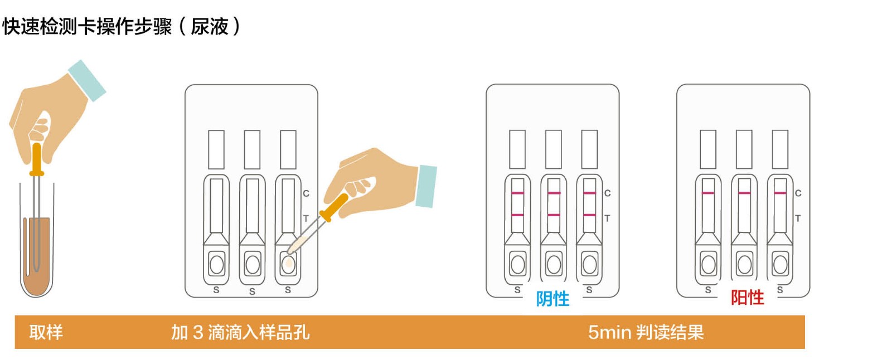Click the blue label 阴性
(552, 299)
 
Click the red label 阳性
(747, 298)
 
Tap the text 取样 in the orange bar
(46, 332)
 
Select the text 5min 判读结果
(646, 332)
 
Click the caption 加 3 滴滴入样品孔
(240, 332)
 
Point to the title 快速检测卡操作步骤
(87, 26)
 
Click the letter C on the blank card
(306, 193)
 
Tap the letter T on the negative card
(607, 218)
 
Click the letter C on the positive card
(798, 193)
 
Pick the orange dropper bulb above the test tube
(37, 159)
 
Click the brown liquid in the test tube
(37, 259)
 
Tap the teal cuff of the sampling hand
(87, 81)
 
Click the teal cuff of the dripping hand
(426, 186)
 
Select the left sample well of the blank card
(217, 264)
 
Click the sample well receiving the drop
(288, 264)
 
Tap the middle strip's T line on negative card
(554, 215)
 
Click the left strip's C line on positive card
(708, 193)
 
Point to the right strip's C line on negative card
(589, 193)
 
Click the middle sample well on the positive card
(744, 264)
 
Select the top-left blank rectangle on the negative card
(517, 149)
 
